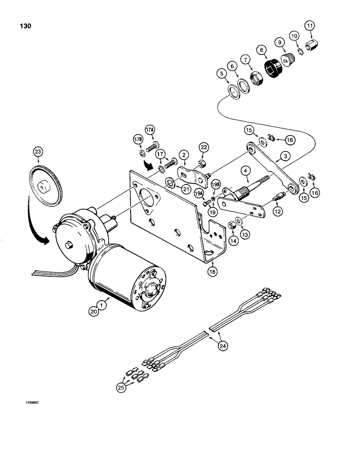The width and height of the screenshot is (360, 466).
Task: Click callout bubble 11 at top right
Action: pos(310,26)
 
